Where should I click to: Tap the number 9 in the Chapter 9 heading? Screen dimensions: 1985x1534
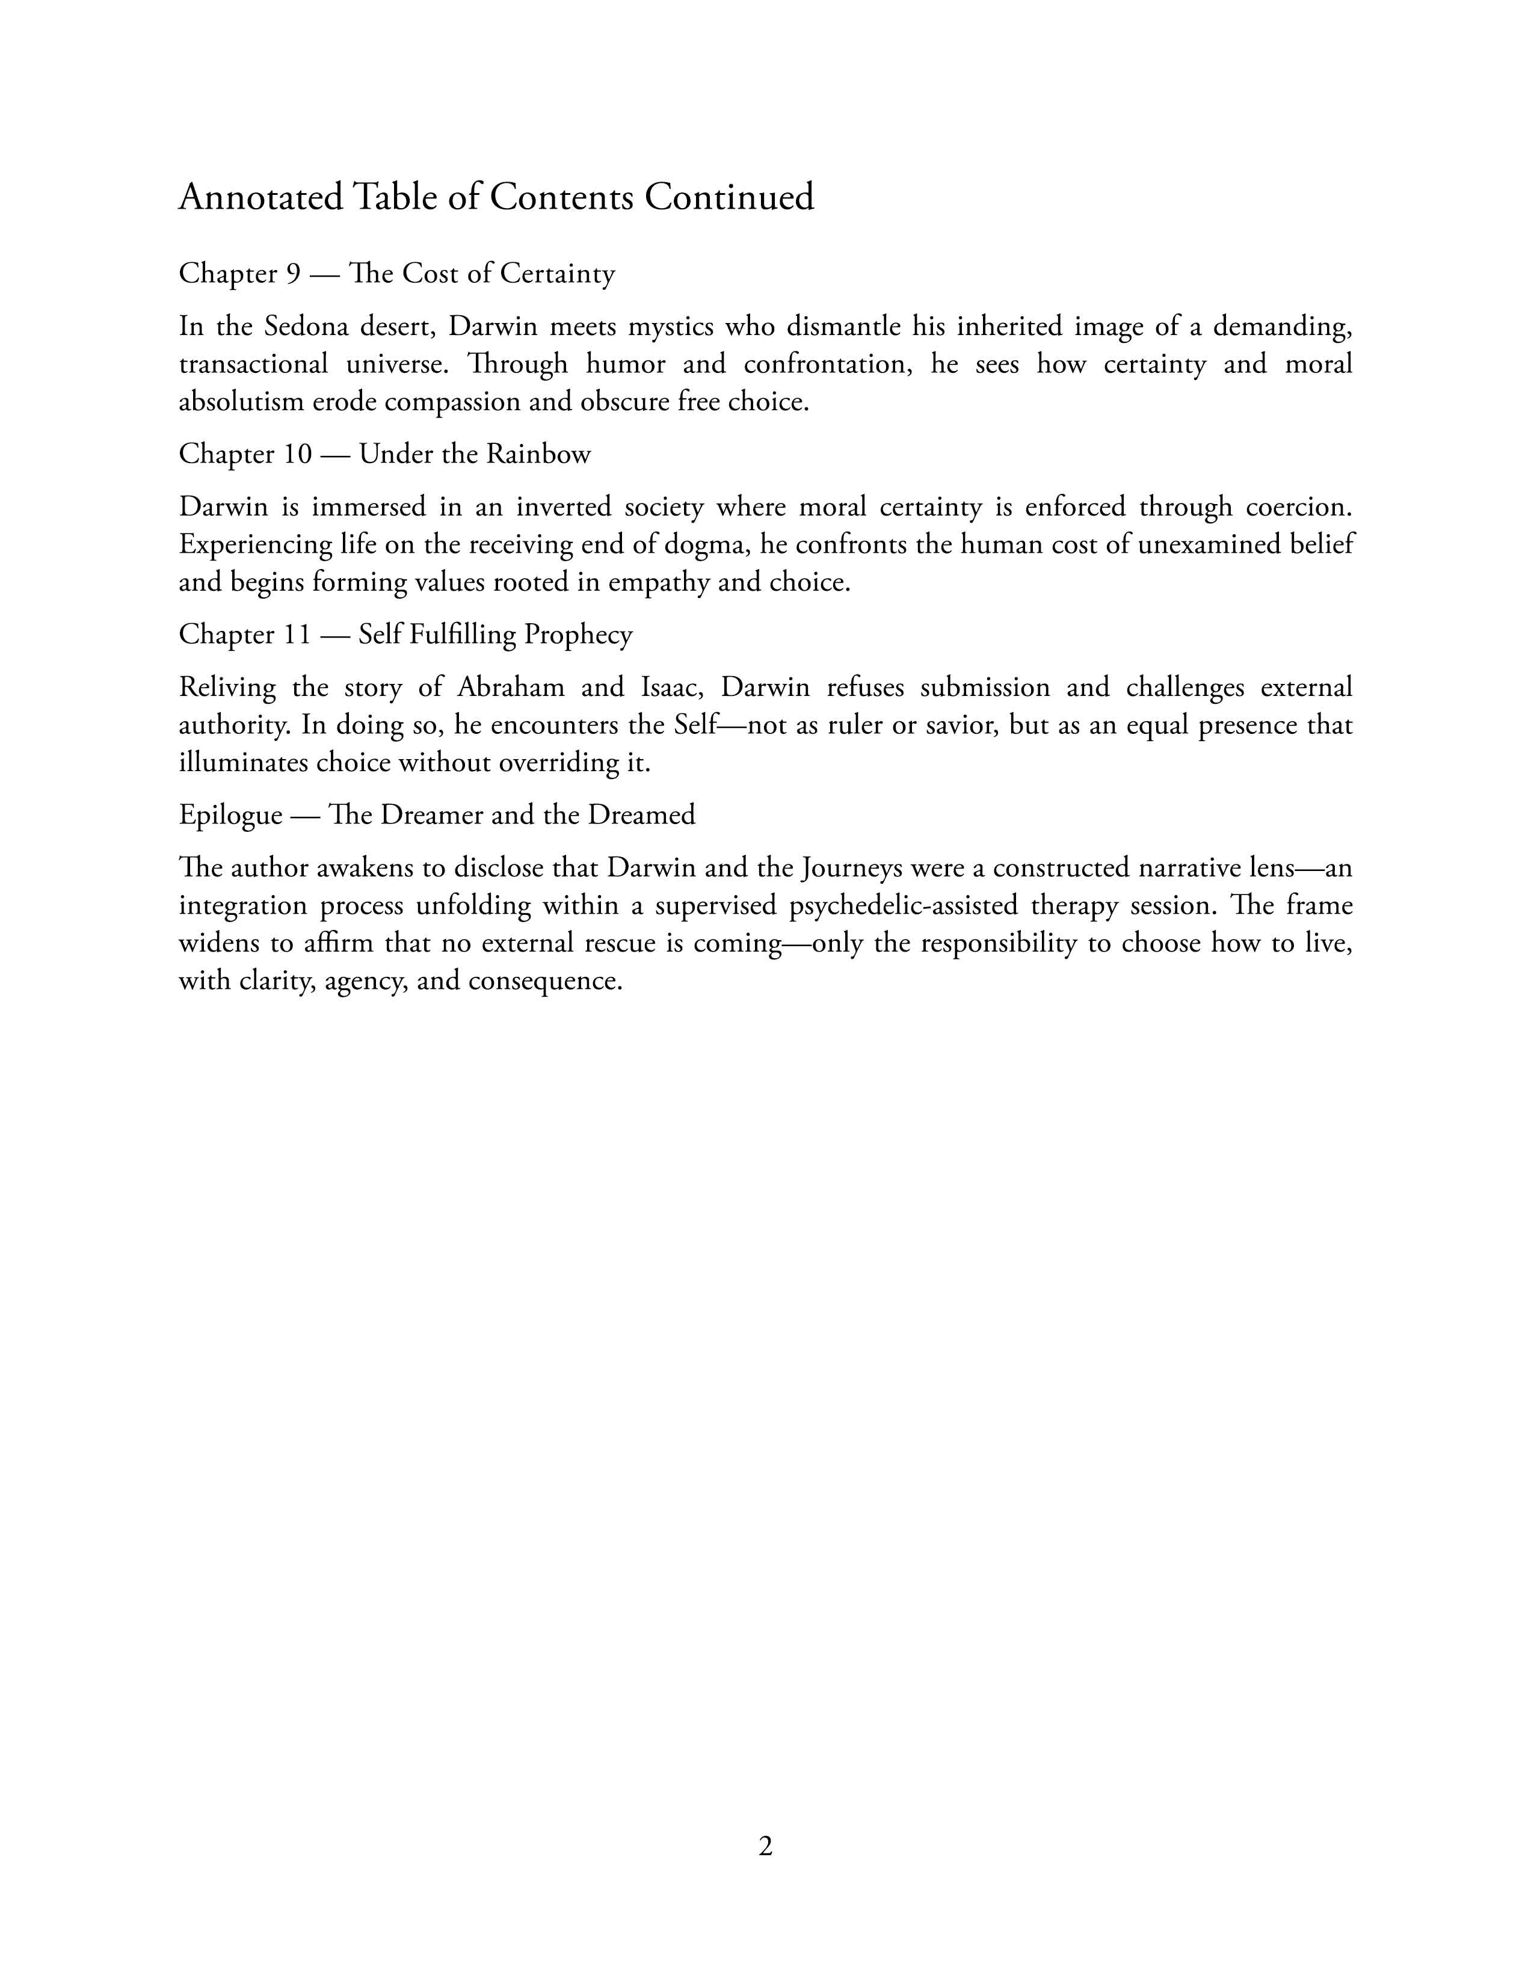point(292,274)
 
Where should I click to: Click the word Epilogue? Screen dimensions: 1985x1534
point(230,815)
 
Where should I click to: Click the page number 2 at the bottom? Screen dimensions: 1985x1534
point(765,1847)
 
